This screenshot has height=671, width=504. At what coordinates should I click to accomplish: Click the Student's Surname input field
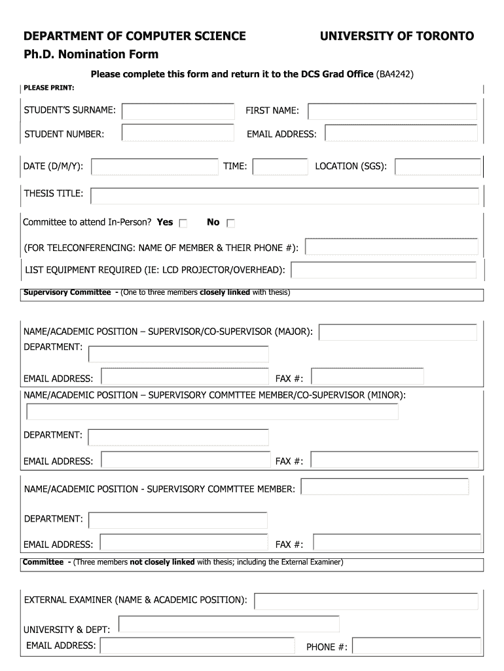pyautogui.click(x=178, y=111)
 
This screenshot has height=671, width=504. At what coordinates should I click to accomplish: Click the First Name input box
pyautogui.click(x=393, y=111)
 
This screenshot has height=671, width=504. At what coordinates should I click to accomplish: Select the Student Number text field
pyautogui.click(x=178, y=134)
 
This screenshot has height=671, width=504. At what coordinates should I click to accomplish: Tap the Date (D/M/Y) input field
pyautogui.click(x=154, y=167)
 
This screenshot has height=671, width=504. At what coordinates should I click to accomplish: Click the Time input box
pyautogui.click(x=279, y=167)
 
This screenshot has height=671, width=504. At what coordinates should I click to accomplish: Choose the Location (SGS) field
pyautogui.click(x=437, y=167)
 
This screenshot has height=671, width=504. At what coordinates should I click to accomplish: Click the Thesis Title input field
pyautogui.click(x=285, y=195)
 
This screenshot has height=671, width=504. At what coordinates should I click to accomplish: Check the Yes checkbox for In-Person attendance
pyautogui.click(x=183, y=223)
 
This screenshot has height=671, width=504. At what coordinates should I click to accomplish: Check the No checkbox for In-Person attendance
pyautogui.click(x=230, y=223)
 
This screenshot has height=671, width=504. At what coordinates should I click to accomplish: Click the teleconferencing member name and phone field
pyautogui.click(x=391, y=247)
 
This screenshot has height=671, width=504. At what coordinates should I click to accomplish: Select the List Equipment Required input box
pyautogui.click(x=383, y=270)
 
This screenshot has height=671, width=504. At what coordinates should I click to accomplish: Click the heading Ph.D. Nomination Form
pyautogui.click(x=91, y=54)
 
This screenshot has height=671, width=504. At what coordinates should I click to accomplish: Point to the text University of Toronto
pyautogui.click(x=397, y=36)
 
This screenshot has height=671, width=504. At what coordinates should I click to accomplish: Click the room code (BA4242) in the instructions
pyautogui.click(x=395, y=75)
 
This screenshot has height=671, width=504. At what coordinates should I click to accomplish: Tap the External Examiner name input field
pyautogui.click(x=366, y=601)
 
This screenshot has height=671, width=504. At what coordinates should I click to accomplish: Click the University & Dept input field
pyautogui.click(x=228, y=624)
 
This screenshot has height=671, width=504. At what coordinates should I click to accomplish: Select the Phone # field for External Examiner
pyautogui.click(x=416, y=646)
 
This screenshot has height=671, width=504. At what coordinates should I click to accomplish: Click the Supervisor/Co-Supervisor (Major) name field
pyautogui.click(x=397, y=332)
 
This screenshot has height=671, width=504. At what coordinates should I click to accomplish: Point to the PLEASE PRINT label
pyautogui.click(x=48, y=88)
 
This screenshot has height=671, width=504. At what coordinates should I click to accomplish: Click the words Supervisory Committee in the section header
pyautogui.click(x=67, y=292)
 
